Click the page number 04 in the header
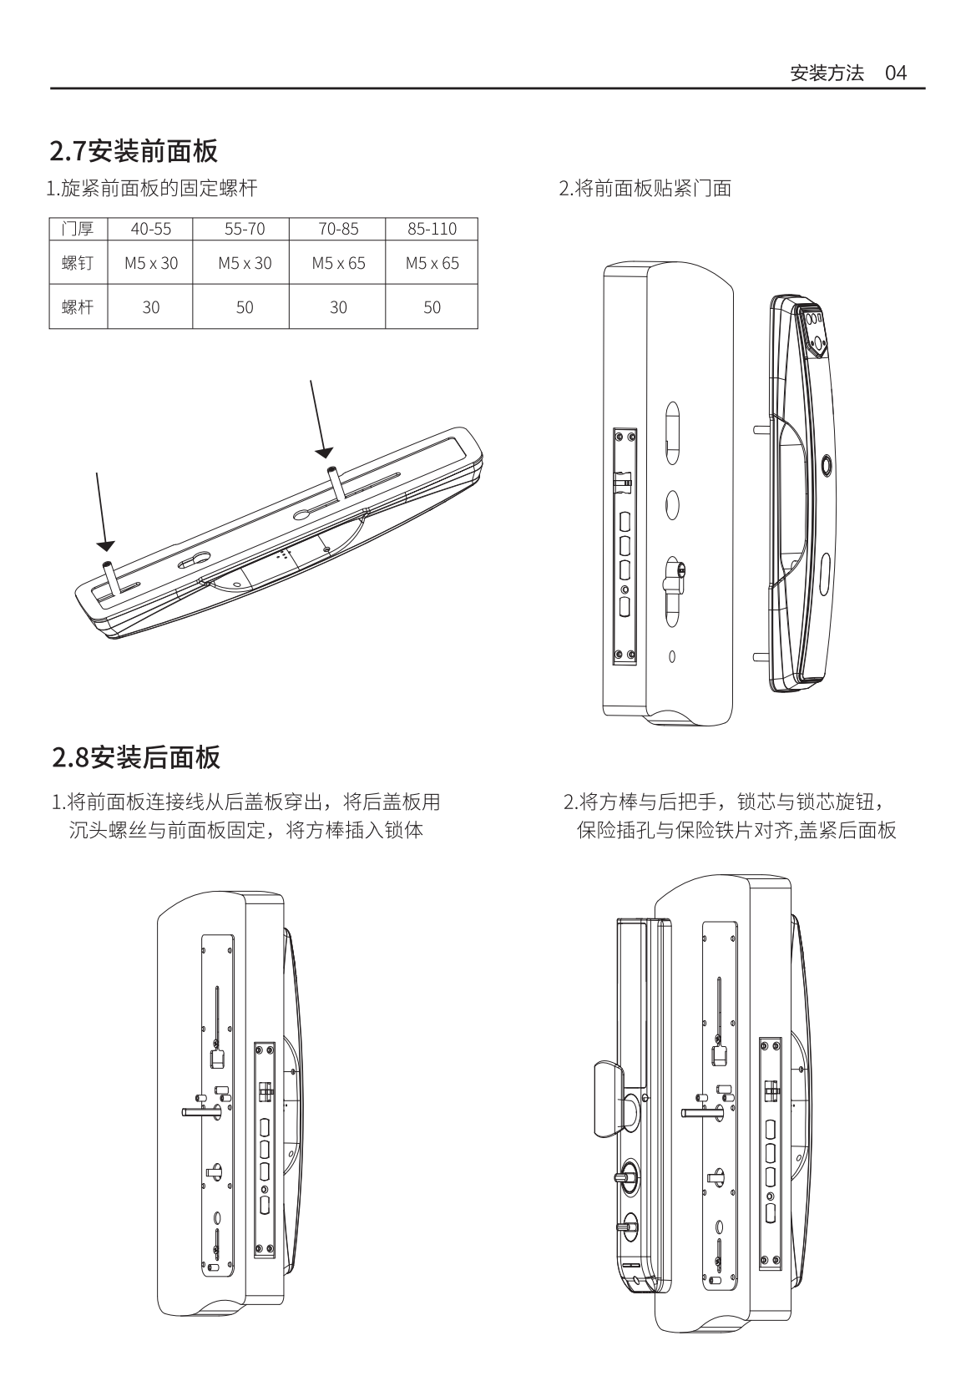pyautogui.click(x=895, y=73)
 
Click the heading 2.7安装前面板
pyautogui.click(x=134, y=151)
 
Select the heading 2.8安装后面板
pyautogui.click(x=135, y=757)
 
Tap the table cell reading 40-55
pyautogui.click(x=150, y=229)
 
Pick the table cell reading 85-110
pyautogui.click(x=432, y=229)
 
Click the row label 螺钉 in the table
pyautogui.click(x=78, y=263)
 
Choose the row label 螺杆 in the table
pyautogui.click(x=78, y=307)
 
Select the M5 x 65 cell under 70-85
pyautogui.click(x=338, y=263)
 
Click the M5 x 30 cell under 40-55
pyautogui.click(x=151, y=263)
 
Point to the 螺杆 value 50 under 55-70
pyautogui.click(x=244, y=307)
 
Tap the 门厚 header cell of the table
pyautogui.click(x=78, y=229)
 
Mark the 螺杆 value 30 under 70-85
pyautogui.click(x=338, y=307)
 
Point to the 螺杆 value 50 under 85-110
pyautogui.click(x=432, y=307)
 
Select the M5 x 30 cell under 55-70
pyautogui.click(x=245, y=263)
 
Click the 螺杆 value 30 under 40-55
pyautogui.click(x=150, y=307)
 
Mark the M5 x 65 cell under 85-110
pyautogui.click(x=432, y=263)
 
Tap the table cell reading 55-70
pyautogui.click(x=245, y=229)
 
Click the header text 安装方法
pyautogui.click(x=827, y=73)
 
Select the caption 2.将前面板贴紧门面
pyautogui.click(x=645, y=189)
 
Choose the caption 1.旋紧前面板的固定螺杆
pyautogui.click(x=152, y=189)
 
